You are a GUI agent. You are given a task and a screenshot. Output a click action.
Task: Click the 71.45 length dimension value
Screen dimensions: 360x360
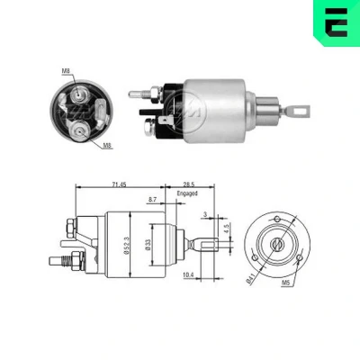coord(119,184)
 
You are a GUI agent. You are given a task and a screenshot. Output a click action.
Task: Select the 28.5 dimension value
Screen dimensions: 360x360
coord(188,184)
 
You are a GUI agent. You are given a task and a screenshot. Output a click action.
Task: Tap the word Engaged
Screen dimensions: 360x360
coord(187,193)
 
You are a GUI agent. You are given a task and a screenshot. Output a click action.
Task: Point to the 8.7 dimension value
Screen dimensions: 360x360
coord(153,200)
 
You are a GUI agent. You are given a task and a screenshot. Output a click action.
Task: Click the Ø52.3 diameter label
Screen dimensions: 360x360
coord(126,245)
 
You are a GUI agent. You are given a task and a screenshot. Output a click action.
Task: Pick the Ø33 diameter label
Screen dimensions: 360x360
coord(148,245)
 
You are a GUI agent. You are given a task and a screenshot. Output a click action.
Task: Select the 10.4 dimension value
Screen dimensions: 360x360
coord(188,274)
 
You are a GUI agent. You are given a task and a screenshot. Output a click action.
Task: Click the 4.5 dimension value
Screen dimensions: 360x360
coord(227,229)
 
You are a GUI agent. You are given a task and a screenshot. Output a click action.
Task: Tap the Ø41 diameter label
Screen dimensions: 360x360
coord(250,279)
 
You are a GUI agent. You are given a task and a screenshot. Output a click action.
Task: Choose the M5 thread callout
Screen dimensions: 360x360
coord(286,283)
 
